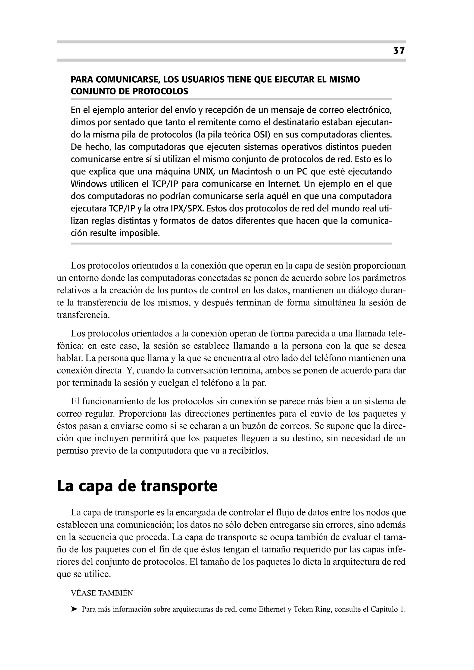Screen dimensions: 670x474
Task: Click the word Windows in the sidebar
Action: point(89,184)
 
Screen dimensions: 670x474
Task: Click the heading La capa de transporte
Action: point(137,486)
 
